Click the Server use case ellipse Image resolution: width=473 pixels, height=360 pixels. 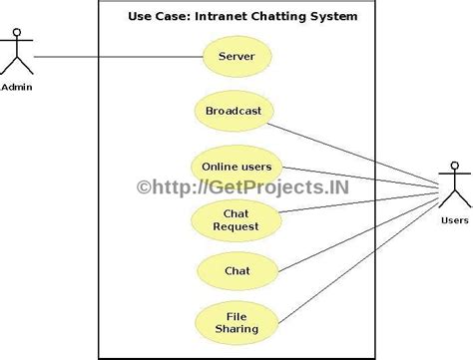pos(236,56)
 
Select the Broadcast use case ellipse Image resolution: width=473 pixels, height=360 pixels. pos(233,111)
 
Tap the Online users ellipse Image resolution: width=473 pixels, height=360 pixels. pos(236,167)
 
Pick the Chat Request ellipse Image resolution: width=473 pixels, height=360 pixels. pos(236,219)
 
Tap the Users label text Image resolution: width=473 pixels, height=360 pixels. pos(453,220)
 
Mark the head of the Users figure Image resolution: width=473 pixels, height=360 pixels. pos(454,167)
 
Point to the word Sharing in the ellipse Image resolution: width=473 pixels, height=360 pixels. pos(236,328)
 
